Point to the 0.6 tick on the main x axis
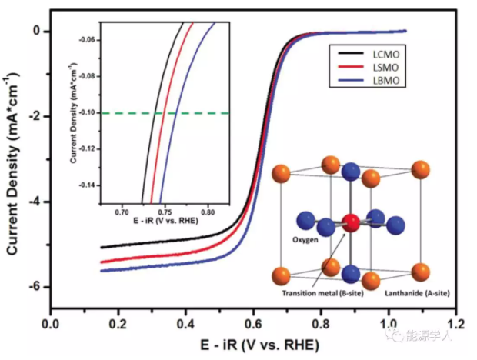(255, 322)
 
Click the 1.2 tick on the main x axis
(460, 322)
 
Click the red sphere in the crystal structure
(351, 223)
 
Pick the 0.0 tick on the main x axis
(51, 322)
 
